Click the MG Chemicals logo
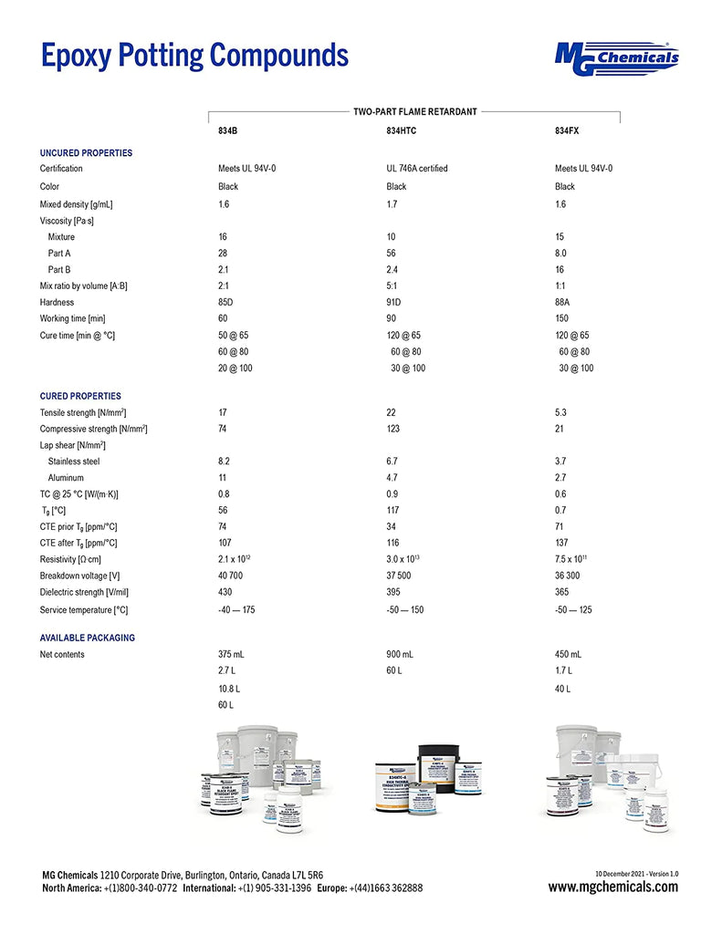[x=617, y=56]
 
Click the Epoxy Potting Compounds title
[x=194, y=55]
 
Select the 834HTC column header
[x=402, y=131]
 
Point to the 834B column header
[x=227, y=131]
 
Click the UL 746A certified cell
[x=417, y=169]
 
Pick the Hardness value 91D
[x=395, y=303]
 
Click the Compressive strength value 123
[x=394, y=429]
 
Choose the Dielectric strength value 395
[x=394, y=593]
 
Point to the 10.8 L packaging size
[x=229, y=688]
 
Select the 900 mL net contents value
[x=400, y=655]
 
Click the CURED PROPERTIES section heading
[x=80, y=397]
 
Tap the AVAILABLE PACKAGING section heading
[x=87, y=638]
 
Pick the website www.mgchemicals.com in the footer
[x=612, y=887]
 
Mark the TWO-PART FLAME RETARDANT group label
[x=415, y=111]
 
